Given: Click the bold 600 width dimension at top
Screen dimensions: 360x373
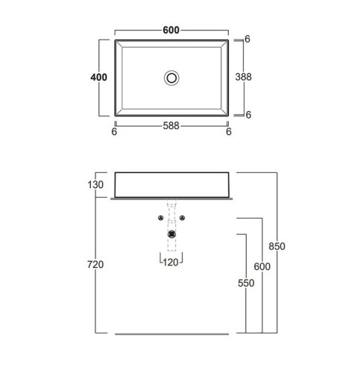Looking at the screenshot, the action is coord(171,30).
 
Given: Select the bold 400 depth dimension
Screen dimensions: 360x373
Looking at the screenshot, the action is coord(98,78).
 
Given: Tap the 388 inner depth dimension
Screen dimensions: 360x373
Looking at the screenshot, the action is coord(243,77).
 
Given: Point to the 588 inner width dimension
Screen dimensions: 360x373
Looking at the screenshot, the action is coord(171,126).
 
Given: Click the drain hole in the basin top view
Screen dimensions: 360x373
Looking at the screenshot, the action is coord(171,78).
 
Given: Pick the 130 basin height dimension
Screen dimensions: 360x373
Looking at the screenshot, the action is coord(95,185).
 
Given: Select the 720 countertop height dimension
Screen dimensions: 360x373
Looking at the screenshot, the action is coord(95,264).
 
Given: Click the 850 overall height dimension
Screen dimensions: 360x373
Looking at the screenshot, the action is coord(277,246).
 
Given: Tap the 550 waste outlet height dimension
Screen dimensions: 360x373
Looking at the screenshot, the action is coord(246,283).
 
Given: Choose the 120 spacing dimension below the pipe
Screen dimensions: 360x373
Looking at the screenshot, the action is coord(171,263).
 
